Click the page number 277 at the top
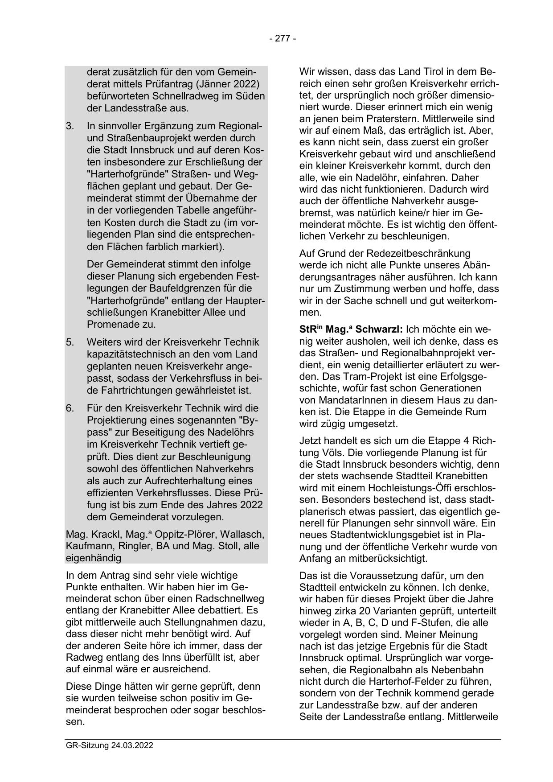pos(283,39)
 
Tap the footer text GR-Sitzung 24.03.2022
pos(109,745)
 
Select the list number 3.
pos(70,126)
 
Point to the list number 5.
pos(70,342)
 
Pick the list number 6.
pos(70,408)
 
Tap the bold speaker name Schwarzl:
pos(379,330)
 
